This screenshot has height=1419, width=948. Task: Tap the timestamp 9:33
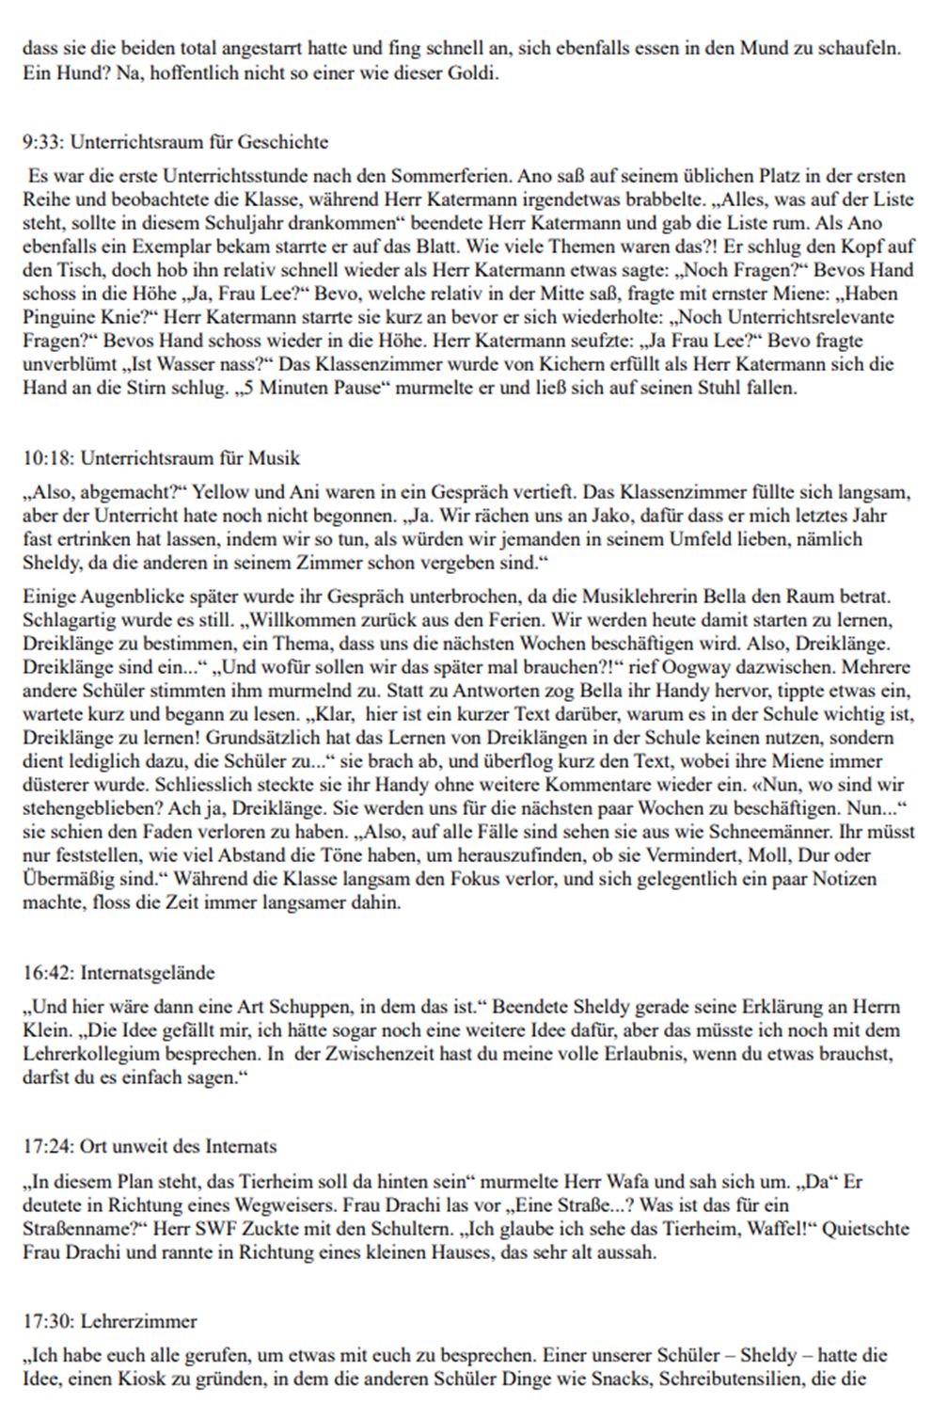click(x=41, y=142)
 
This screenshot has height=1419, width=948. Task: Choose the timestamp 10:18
click(x=46, y=458)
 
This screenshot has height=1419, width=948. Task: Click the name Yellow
click(x=217, y=492)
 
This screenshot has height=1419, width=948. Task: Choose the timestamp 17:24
click(x=46, y=1147)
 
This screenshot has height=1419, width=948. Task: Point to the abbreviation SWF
click(x=237, y=1229)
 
